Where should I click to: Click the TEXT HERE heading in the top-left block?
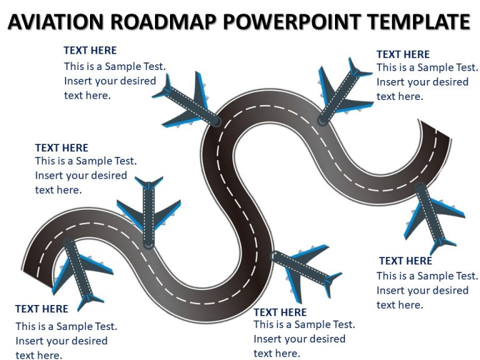(x=90, y=50)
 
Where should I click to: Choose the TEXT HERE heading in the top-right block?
(x=403, y=54)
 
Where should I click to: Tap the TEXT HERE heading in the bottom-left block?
(x=42, y=309)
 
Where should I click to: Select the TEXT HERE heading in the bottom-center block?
(x=280, y=312)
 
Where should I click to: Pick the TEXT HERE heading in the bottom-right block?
(x=406, y=261)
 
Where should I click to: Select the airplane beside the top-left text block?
(x=187, y=100)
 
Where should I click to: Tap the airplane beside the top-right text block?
(x=342, y=91)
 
